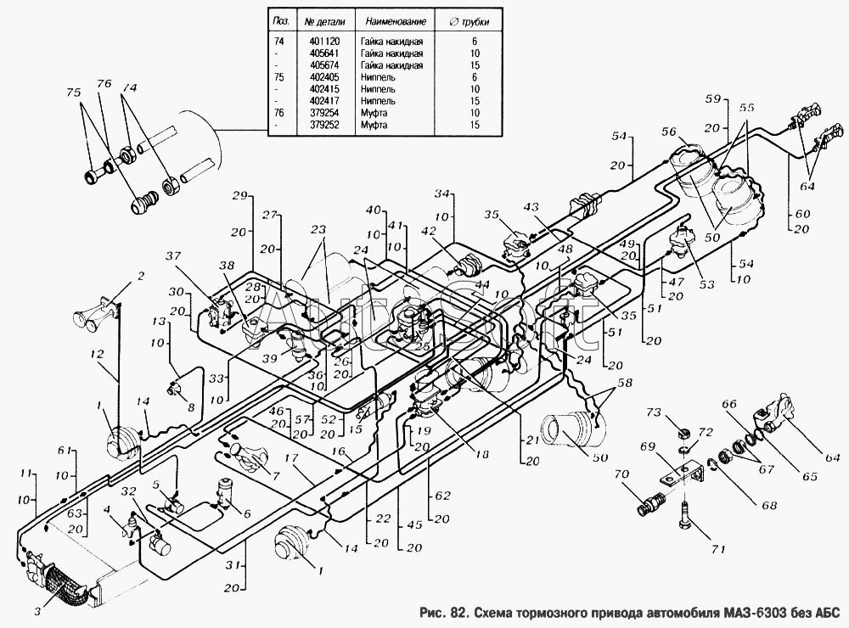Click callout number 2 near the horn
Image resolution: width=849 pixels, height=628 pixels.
click(x=141, y=275)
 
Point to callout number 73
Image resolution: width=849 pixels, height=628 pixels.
click(x=655, y=413)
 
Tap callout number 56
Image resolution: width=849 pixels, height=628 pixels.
click(x=668, y=132)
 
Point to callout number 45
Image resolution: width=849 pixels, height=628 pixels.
click(x=413, y=524)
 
